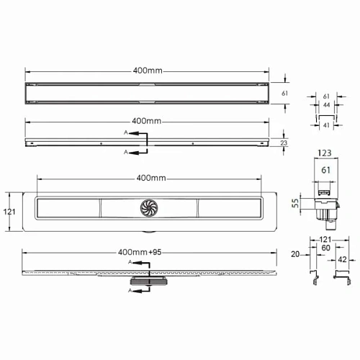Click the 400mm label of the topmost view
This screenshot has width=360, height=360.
pyautogui.click(x=148, y=71)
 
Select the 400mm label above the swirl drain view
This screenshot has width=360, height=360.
pyautogui.click(x=152, y=178)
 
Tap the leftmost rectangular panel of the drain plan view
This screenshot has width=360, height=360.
pyautogui.click(x=68, y=208)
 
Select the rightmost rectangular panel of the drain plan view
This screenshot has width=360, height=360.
pyautogui.click(x=230, y=208)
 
